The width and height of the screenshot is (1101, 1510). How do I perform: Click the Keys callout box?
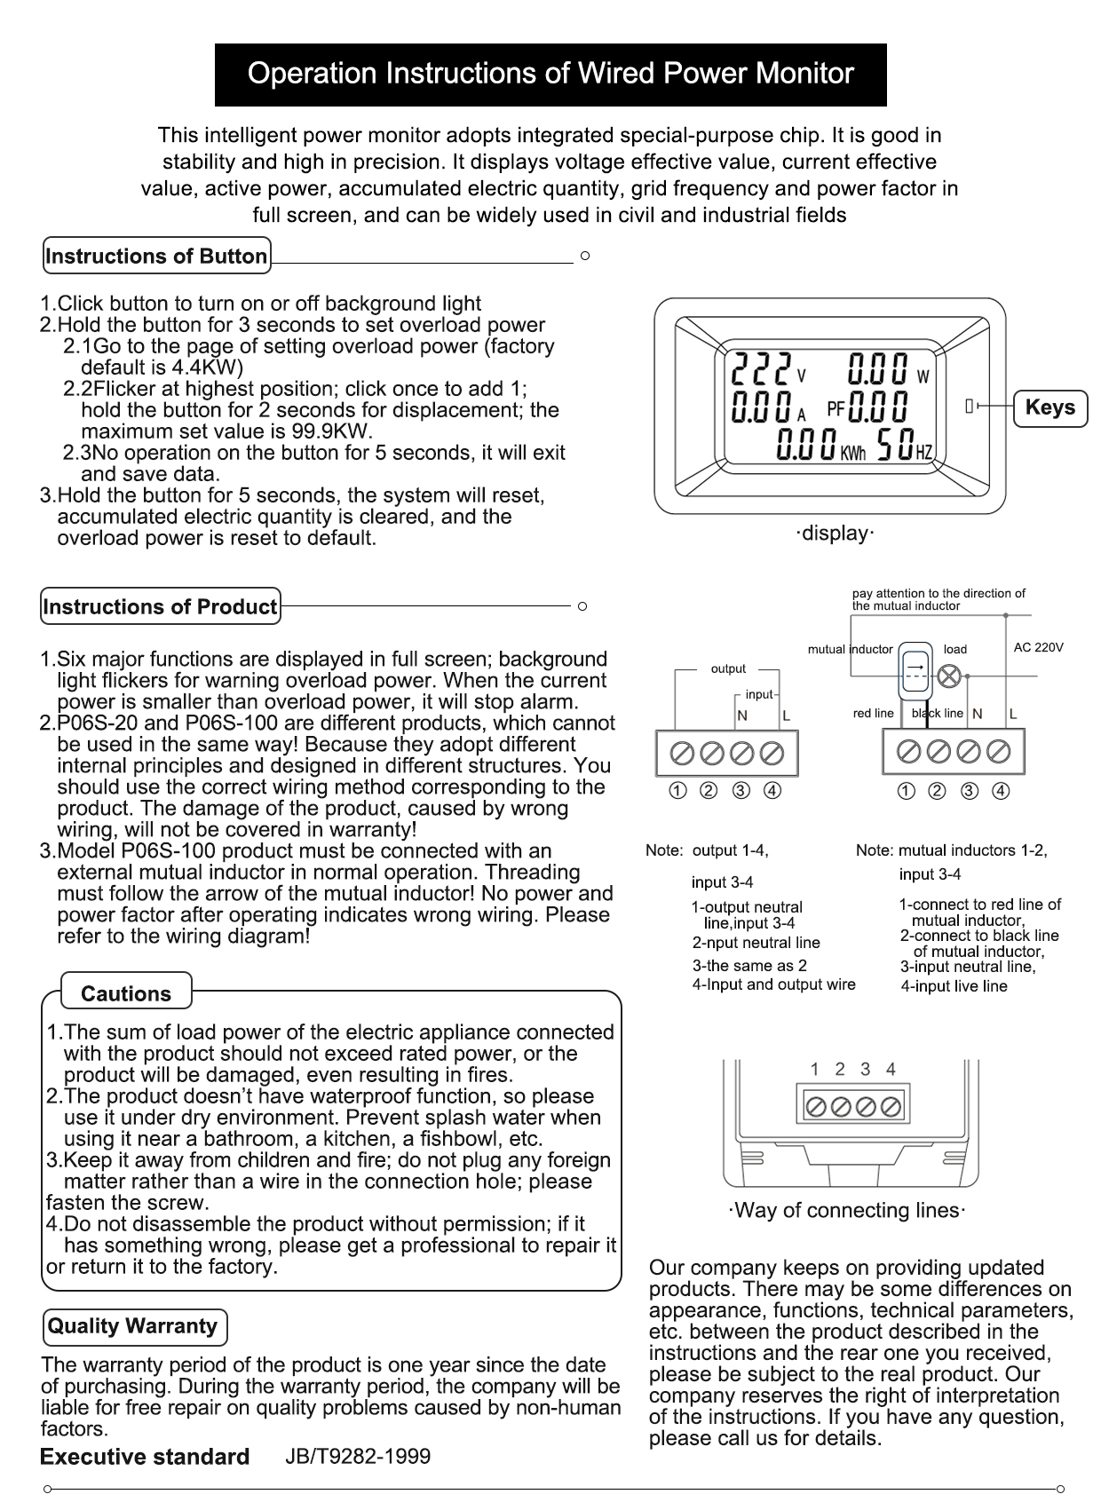[1050, 407]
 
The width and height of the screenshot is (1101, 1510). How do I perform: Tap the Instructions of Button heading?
[156, 257]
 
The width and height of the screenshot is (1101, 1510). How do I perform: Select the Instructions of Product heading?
[160, 607]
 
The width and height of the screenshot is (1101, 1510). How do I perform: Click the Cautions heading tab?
[126, 993]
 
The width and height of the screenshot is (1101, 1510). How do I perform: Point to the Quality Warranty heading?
[133, 1326]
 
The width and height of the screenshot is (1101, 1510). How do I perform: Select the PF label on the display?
[836, 408]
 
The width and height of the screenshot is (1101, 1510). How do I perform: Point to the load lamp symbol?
[949, 676]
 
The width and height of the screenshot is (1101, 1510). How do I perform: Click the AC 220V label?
[1038, 648]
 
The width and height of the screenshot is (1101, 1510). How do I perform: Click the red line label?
[873, 713]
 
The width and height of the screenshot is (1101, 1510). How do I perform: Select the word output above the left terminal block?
[728, 668]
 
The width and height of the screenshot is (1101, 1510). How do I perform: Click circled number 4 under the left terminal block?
[772, 791]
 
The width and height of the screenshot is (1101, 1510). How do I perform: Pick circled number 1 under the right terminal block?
[907, 791]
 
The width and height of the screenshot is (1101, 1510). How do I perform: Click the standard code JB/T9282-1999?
[358, 1457]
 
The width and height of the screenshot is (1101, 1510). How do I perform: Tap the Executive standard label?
[145, 1457]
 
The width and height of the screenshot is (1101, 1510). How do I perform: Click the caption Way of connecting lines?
[847, 1211]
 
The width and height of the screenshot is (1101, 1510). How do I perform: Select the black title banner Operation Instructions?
[550, 74]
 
